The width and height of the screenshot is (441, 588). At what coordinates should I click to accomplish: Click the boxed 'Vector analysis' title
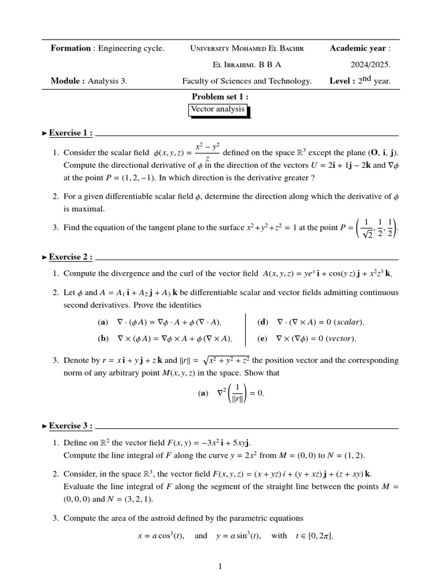coord(219,109)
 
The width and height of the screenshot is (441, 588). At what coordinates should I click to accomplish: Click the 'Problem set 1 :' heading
coord(220,96)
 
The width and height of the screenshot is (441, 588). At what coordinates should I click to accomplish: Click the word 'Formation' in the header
coord(71,48)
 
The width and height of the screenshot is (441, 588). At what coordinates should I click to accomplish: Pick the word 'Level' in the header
coord(342,81)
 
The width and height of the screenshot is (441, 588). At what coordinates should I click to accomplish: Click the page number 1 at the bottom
coord(220,567)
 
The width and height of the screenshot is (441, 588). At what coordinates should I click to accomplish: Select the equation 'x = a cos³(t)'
coord(160,536)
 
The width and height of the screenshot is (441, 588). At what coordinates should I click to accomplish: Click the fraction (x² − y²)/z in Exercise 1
coord(207,152)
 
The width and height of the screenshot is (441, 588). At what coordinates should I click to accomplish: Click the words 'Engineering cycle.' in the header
coord(131,48)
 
